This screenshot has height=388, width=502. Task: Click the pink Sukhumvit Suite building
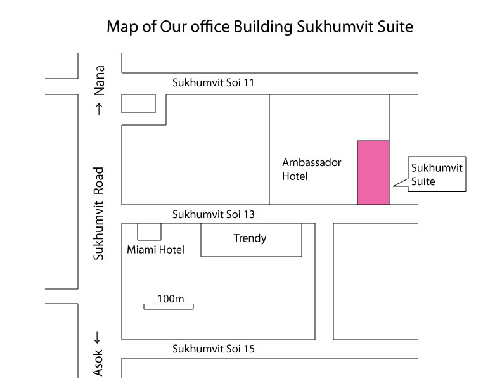coord(373,172)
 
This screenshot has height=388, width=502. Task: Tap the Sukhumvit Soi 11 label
coord(214,83)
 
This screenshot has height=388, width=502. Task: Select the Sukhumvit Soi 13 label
coord(214,215)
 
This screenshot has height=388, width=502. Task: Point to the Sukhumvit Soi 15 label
coord(214,349)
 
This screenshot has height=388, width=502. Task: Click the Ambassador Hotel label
coord(311,169)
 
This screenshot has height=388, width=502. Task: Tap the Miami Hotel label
coord(155,250)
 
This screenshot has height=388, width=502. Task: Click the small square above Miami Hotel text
coord(150,231)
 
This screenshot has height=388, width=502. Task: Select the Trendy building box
coord(251,240)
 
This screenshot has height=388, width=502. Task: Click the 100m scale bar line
coord(169,309)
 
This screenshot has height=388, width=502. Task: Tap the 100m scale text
coord(169,298)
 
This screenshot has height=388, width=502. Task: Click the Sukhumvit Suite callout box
coord(437,174)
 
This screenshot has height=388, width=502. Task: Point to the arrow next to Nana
coord(98,109)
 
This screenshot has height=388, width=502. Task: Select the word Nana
coord(98,79)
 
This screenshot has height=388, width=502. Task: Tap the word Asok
coord(98,363)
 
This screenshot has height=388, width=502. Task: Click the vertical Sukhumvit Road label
coord(98,214)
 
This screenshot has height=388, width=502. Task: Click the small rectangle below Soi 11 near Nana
coord(138,103)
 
